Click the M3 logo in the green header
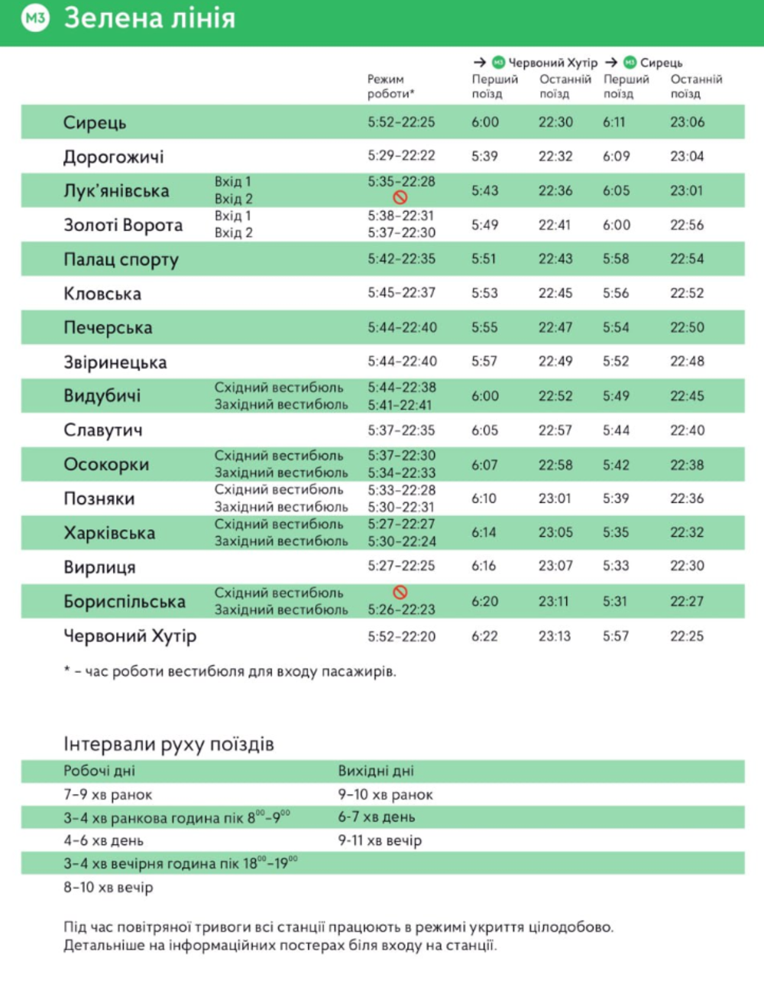pos(35,18)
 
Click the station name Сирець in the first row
pos(95,122)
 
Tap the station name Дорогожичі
pos(113,157)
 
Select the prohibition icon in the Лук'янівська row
pos(400,197)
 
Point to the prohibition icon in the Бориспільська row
pos(400,592)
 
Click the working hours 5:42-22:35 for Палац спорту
pos(401,259)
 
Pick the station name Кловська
pos(102,294)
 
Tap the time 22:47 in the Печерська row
pos(555,327)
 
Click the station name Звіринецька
pos(115,362)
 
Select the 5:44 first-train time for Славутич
pos(616,430)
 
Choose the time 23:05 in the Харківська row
pos(555,533)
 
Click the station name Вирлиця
pos(99,567)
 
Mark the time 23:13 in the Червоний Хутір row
pos(555,636)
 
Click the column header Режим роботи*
pos(390,86)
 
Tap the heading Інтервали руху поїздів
pos(168,744)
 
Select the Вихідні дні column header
pos(376,771)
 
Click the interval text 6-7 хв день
pos(377,817)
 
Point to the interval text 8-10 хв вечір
pos(108,888)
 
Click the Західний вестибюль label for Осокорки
pos(280,472)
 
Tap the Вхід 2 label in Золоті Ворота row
pos(233,232)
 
